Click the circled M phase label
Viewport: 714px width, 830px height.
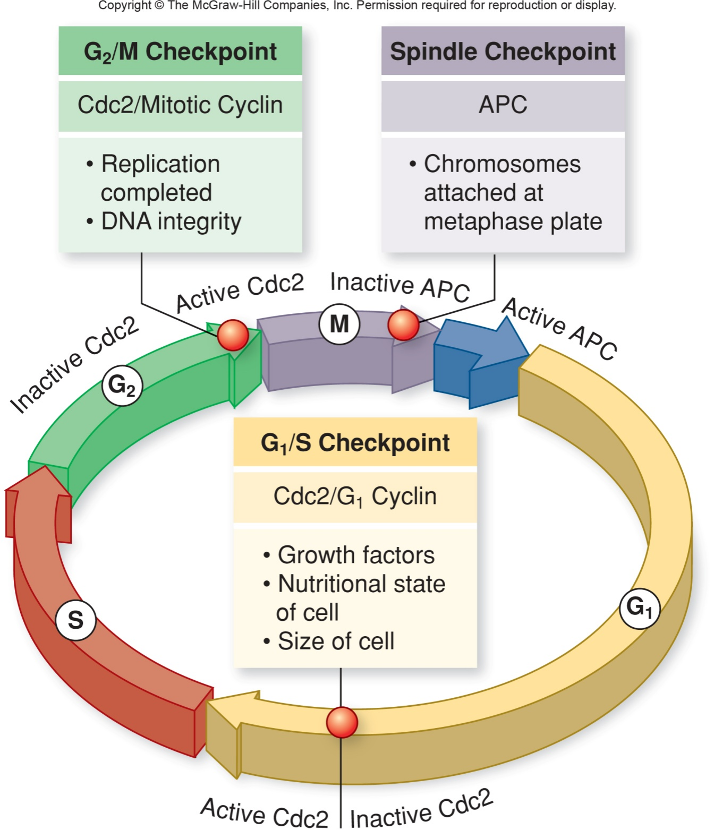[339, 324]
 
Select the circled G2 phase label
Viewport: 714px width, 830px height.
[122, 386]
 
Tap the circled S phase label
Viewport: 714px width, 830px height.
[75, 620]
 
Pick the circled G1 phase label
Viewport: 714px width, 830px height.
[639, 608]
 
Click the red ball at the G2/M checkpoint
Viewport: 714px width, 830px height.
[233, 335]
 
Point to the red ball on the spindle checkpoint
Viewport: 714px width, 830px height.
[403, 325]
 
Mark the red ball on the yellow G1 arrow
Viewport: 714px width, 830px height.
[342, 722]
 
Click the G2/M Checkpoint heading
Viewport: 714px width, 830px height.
[180, 52]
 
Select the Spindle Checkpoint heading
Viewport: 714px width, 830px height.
[503, 52]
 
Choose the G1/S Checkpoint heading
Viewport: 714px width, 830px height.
[355, 443]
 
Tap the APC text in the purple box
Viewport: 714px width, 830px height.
[503, 105]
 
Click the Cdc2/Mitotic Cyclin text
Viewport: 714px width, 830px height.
[180, 105]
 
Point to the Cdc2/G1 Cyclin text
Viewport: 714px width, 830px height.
[355, 497]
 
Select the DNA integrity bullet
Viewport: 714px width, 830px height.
[164, 221]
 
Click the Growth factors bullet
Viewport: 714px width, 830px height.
[348, 555]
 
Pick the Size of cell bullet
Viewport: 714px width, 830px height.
[329, 641]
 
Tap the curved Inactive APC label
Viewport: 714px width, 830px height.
[400, 286]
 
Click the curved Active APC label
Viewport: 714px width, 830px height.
[560, 329]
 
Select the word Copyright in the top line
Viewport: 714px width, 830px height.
[125, 6]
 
